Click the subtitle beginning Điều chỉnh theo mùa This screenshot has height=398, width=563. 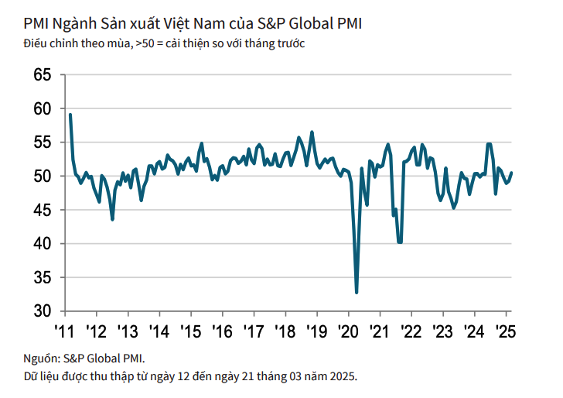(164, 43)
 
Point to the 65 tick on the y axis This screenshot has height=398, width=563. (42, 75)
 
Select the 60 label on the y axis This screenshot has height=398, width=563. (42, 109)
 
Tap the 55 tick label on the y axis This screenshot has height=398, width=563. (42, 142)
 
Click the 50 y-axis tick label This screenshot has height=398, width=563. (42, 177)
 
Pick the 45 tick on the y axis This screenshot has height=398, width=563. (42, 210)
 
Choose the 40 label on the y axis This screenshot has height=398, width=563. (42, 244)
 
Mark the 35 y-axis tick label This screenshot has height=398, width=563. (42, 277)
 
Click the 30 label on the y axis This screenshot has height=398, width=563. (42, 311)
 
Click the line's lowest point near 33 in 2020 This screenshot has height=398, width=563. (357, 292)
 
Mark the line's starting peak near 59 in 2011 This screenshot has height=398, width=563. (70, 115)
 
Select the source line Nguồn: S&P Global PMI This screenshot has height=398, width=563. (84, 359)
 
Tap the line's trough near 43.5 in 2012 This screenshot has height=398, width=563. (113, 220)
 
